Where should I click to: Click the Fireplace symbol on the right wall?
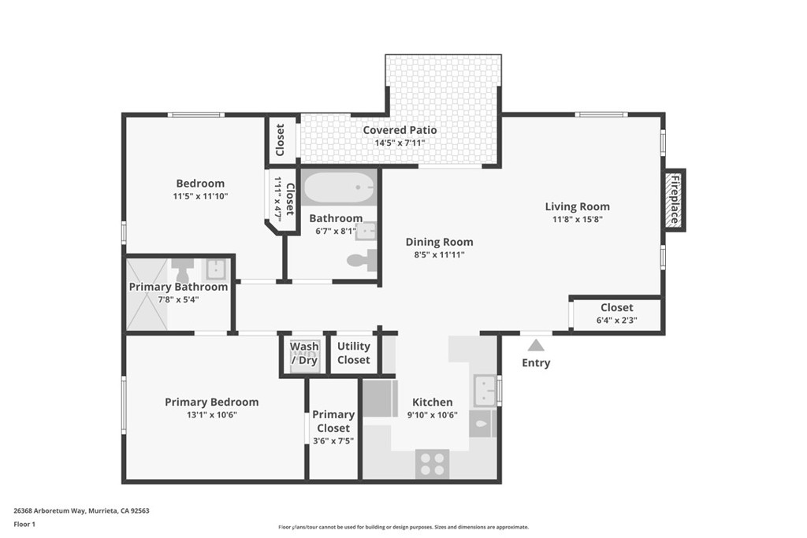point(675,200)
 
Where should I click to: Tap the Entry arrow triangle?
point(536,345)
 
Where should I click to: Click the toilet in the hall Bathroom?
point(363,260)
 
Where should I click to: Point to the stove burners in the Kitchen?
point(432,462)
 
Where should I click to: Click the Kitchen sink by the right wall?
point(484,389)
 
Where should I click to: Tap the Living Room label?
point(577,207)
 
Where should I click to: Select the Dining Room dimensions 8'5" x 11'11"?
point(439,254)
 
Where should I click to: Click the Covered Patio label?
point(400,130)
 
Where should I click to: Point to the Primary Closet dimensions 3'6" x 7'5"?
point(333,441)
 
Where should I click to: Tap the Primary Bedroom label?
point(211,402)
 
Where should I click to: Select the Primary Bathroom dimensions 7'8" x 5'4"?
point(178,299)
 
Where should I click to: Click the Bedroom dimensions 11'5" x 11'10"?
point(200,196)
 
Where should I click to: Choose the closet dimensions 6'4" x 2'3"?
point(616,320)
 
